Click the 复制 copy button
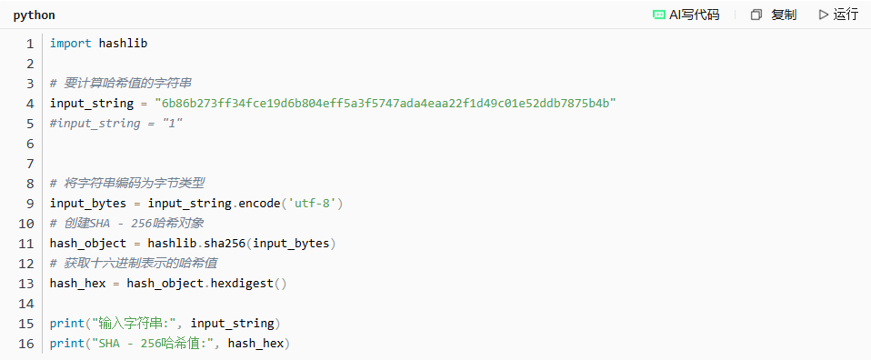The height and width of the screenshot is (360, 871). pyautogui.click(x=773, y=15)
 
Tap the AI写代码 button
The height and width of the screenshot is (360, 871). pyautogui.click(x=686, y=15)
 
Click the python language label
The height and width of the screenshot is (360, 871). pyautogui.click(x=34, y=15)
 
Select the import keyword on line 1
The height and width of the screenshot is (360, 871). pyautogui.click(x=71, y=44)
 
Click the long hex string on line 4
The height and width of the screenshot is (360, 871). pyautogui.click(x=386, y=104)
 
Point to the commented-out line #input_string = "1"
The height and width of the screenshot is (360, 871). pyautogui.click(x=116, y=124)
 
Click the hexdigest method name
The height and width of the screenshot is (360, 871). pyautogui.click(x=242, y=284)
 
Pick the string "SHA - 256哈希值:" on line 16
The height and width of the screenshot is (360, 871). pyautogui.click(x=154, y=344)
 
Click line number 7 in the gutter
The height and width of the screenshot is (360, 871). pyautogui.click(x=30, y=164)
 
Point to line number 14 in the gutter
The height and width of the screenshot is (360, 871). pyautogui.click(x=26, y=304)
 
